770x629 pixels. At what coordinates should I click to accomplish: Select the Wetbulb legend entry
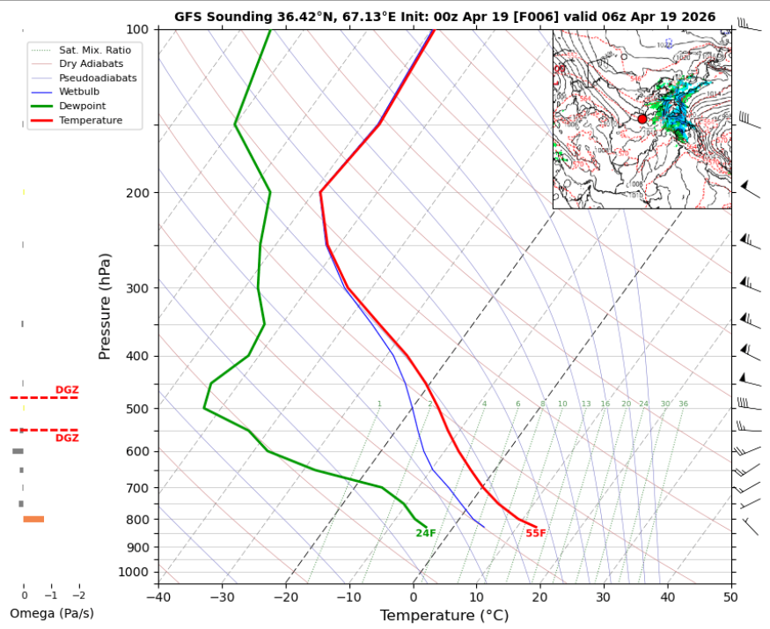click(79, 92)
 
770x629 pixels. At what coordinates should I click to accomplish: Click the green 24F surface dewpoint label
click(426, 533)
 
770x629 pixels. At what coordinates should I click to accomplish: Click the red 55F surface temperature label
click(536, 533)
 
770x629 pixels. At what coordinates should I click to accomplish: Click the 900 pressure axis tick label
click(139, 547)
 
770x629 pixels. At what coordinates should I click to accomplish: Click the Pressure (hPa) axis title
click(106, 306)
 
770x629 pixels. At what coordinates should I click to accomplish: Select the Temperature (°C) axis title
click(444, 616)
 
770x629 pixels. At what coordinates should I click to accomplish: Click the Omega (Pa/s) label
click(51, 613)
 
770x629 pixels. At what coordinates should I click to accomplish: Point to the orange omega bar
click(33, 519)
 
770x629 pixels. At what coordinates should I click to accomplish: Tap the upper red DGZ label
click(67, 389)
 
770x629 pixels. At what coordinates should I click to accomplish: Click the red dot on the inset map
click(642, 119)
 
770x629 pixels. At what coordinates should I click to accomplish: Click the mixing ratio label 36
click(683, 403)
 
